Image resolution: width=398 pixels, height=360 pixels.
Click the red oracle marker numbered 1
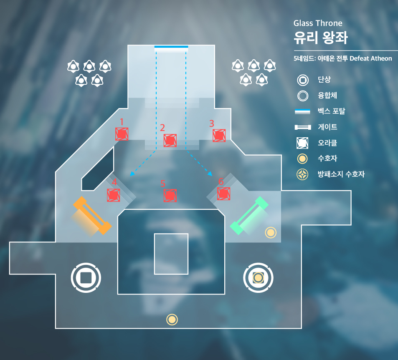122,134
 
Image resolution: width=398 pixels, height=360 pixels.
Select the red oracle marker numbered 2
170,141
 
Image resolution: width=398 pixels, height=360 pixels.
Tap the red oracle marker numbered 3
219,135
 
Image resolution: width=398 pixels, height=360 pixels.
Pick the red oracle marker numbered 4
114,195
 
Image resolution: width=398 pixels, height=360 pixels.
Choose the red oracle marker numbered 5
170,195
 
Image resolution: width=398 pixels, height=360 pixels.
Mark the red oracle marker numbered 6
224,194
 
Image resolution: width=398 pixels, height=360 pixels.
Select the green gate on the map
249,215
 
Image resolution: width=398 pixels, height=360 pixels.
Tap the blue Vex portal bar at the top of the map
171,47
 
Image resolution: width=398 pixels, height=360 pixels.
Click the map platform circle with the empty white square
86,277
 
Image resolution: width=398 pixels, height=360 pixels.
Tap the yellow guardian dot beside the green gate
271,233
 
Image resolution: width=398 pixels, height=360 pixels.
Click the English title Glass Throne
318,23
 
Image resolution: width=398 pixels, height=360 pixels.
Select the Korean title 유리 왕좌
320,38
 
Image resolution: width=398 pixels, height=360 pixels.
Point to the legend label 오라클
327,143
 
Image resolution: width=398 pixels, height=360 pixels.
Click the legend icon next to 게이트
303,127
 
